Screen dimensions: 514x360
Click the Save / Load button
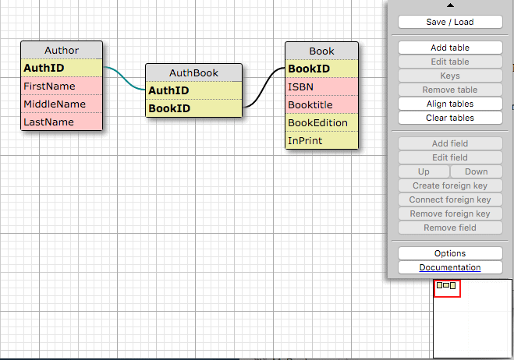(450, 22)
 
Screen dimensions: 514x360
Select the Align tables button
(450, 104)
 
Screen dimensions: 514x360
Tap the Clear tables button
(450, 118)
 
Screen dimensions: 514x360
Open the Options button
(450, 253)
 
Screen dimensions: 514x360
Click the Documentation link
(450, 267)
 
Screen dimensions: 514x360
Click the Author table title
(62, 50)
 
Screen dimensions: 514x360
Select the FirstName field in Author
(62, 86)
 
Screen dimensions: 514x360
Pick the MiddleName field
(62, 104)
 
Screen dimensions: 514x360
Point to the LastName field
(62, 122)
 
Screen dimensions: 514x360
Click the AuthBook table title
(193, 72)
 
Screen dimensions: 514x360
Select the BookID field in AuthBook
(193, 108)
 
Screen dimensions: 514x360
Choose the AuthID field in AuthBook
(193, 90)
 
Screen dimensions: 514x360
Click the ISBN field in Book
(321, 86)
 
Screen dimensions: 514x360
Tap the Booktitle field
(321, 105)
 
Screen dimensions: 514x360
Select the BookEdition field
(321, 123)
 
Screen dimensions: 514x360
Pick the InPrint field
(321, 140)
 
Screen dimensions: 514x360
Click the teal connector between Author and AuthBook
(124, 79)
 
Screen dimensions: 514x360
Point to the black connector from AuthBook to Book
(264, 87)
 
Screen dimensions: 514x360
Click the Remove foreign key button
(450, 214)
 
